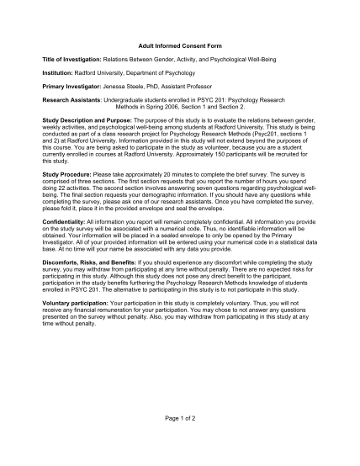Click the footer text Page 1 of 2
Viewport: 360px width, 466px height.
[180, 417]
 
